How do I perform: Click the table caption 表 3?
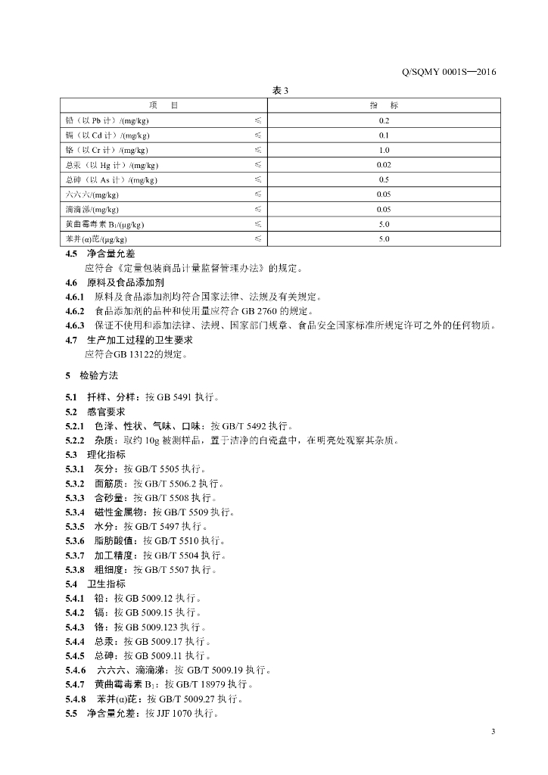280,91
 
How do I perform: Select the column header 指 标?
384,105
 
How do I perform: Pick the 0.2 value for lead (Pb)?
384,120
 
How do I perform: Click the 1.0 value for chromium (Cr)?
384,150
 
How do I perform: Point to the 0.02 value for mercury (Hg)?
384,165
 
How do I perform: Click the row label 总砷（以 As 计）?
111,180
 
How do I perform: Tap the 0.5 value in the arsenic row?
384,180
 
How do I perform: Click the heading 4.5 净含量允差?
100,254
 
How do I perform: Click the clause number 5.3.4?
75,512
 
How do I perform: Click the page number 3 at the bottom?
493,731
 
